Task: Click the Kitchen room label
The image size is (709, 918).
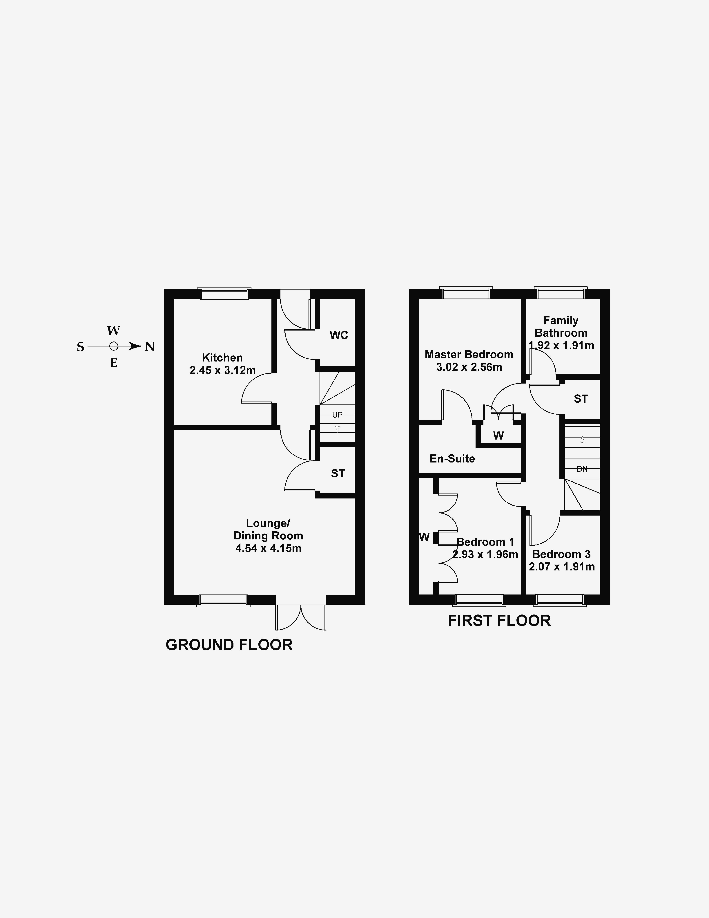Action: pyautogui.click(x=222, y=358)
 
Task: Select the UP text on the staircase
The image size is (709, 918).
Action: pyautogui.click(x=337, y=415)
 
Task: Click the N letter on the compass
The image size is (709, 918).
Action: pyautogui.click(x=150, y=346)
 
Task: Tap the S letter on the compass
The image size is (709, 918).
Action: pyautogui.click(x=80, y=347)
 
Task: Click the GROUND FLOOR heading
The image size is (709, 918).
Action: pyautogui.click(x=229, y=645)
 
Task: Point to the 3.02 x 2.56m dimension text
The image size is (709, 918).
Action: pyautogui.click(x=469, y=367)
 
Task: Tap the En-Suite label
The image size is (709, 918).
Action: pyautogui.click(x=452, y=459)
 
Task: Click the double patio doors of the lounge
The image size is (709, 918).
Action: pyautogui.click(x=301, y=617)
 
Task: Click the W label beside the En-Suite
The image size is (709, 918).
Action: pyautogui.click(x=498, y=435)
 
